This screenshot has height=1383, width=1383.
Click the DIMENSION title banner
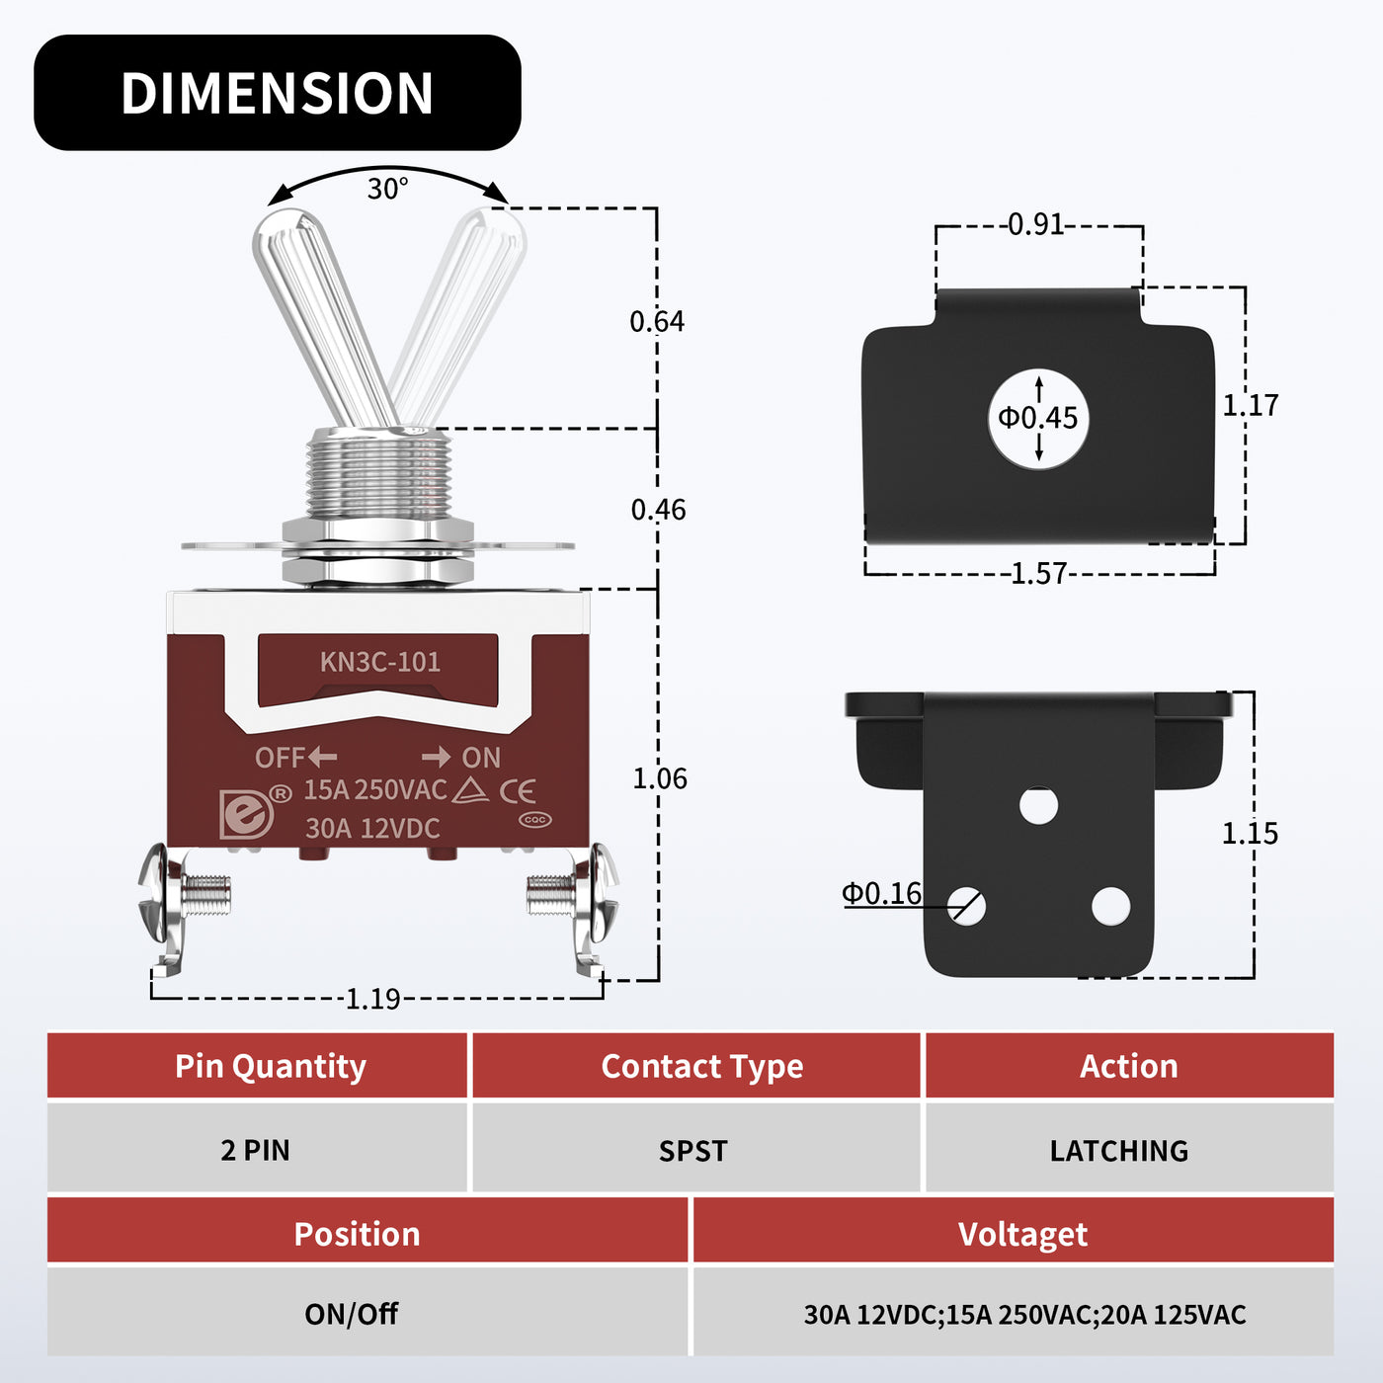[x=277, y=93]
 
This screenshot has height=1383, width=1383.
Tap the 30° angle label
[x=387, y=188]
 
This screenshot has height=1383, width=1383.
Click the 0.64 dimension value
[x=657, y=321]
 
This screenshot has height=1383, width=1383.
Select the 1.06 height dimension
[x=659, y=778]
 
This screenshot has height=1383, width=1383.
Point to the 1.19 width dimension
[x=373, y=999]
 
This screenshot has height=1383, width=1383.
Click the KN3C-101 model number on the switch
[x=379, y=662]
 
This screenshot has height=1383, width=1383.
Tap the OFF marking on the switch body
[x=281, y=758]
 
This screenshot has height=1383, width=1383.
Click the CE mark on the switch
[x=518, y=791]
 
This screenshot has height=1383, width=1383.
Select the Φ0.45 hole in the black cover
[x=1038, y=418]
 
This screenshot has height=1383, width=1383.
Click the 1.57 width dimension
[x=1039, y=573]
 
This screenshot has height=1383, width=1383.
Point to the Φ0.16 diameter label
[x=881, y=893]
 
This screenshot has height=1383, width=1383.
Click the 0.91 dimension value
[x=1036, y=225]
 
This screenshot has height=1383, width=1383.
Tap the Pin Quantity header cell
[x=270, y=1067]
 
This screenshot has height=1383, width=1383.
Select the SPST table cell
[x=693, y=1151]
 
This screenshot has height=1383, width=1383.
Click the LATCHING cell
[x=1118, y=1151]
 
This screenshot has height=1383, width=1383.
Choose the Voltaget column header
[x=1022, y=1234]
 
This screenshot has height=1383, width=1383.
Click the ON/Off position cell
[x=351, y=1314]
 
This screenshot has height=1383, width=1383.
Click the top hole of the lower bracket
[x=1038, y=805]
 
